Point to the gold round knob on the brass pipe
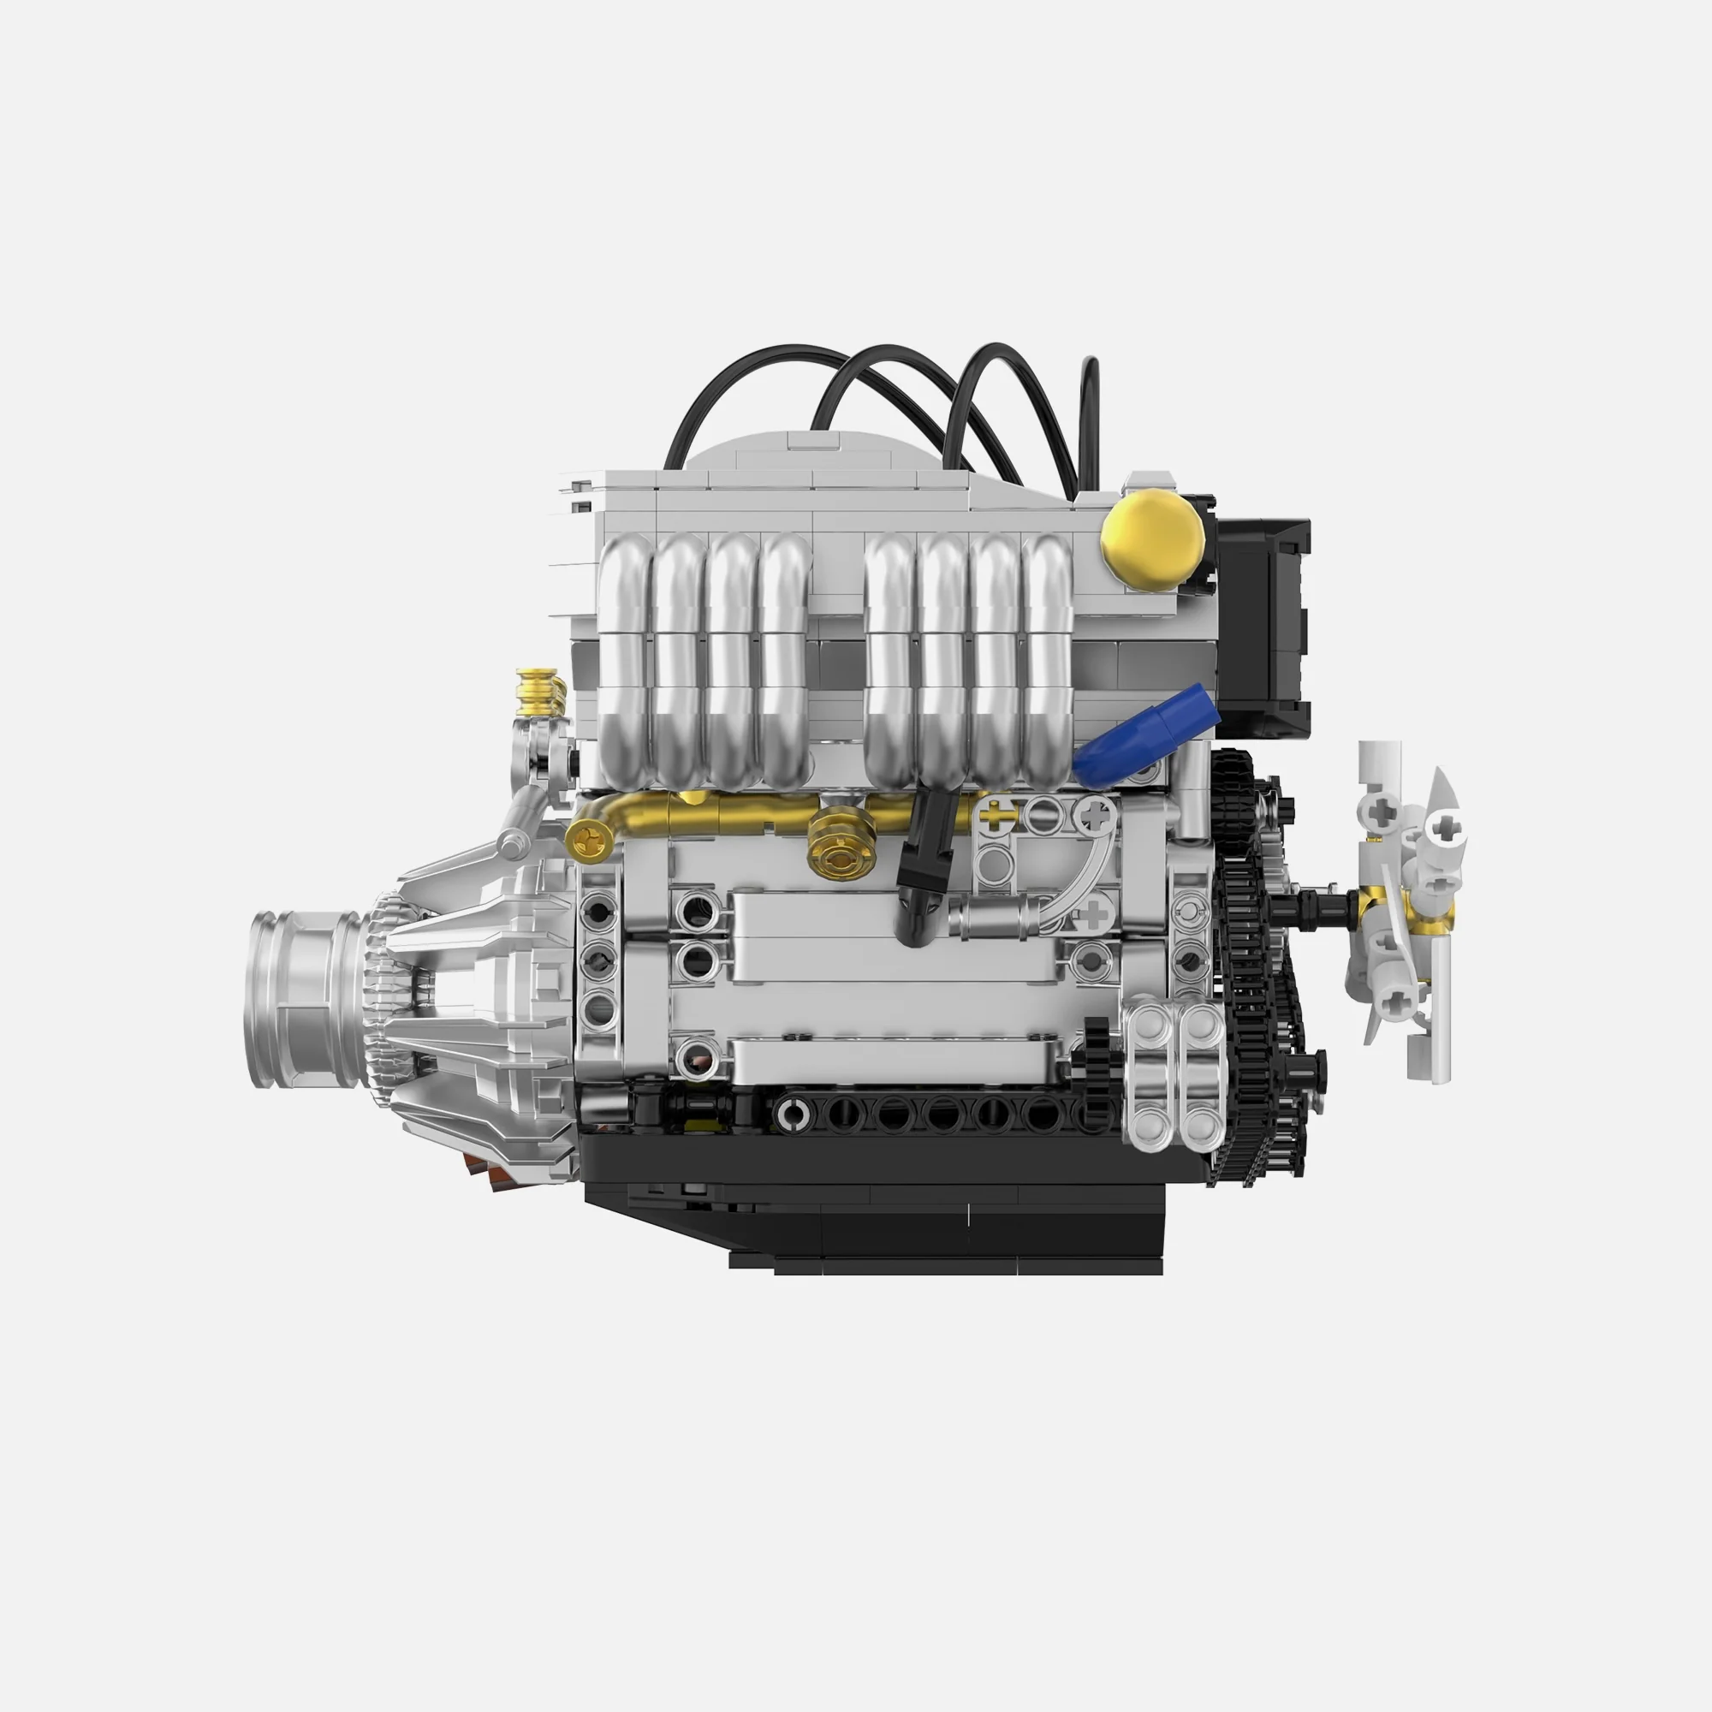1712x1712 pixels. point(841,852)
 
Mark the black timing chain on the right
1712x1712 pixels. point(1250,975)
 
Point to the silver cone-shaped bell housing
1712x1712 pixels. point(479,1002)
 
